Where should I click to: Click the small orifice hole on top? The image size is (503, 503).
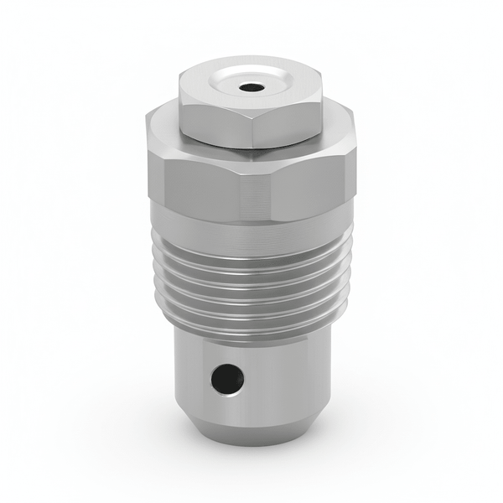coord(250,86)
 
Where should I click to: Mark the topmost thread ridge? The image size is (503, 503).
coord(251,249)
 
